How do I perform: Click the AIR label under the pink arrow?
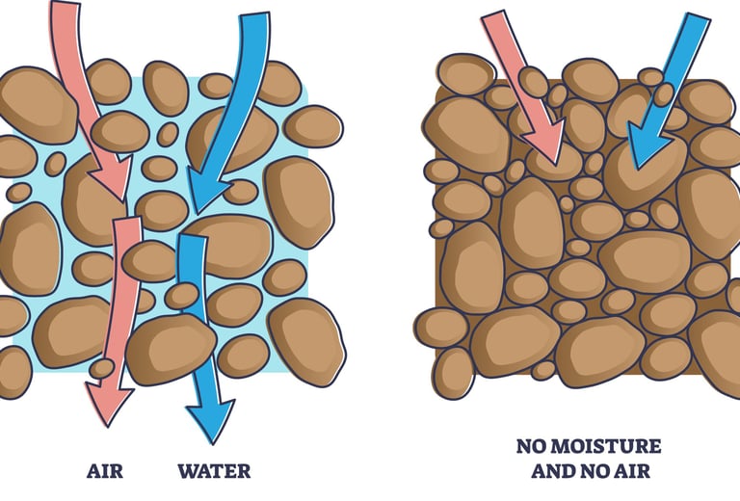[x=106, y=471]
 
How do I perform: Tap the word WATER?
[x=214, y=471]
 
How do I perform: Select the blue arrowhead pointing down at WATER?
[x=209, y=418]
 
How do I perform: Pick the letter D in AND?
[x=568, y=471]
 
